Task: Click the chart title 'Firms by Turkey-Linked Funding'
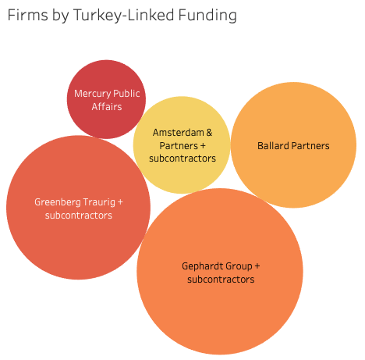pyautogui.click(x=122, y=15)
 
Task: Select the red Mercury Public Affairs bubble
pyautogui.click(x=106, y=99)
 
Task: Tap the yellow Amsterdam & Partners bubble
pyautogui.click(x=182, y=145)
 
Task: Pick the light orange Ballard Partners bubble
pyautogui.click(x=293, y=145)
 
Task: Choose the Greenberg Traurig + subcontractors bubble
pyautogui.click(x=78, y=208)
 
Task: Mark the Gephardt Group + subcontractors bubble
pyautogui.click(x=220, y=271)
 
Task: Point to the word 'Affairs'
pyautogui.click(x=107, y=107)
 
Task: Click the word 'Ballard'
pyautogui.click(x=273, y=146)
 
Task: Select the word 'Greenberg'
pyautogui.click(x=57, y=202)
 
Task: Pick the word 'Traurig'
pyautogui.click(x=99, y=202)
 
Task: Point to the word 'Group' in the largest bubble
pyautogui.click(x=239, y=266)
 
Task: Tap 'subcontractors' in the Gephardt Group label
pyautogui.click(x=221, y=280)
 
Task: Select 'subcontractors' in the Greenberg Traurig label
pyautogui.click(x=79, y=216)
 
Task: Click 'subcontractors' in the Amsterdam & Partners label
pyautogui.click(x=182, y=159)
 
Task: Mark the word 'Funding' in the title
pyautogui.click(x=207, y=16)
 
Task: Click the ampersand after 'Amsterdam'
pyautogui.click(x=209, y=133)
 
